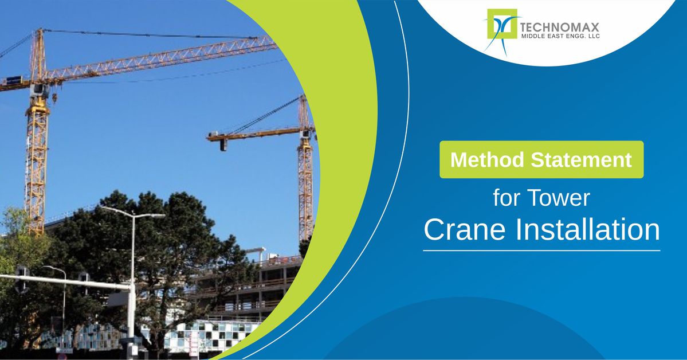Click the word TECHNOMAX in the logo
[559, 27]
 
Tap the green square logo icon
[502, 24]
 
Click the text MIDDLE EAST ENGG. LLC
[560, 36]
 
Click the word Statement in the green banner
[581, 159]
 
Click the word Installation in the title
[587, 229]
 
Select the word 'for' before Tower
[507, 198]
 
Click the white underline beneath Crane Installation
[541, 251]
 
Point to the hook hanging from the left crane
[54, 98]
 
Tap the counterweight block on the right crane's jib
[223, 144]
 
